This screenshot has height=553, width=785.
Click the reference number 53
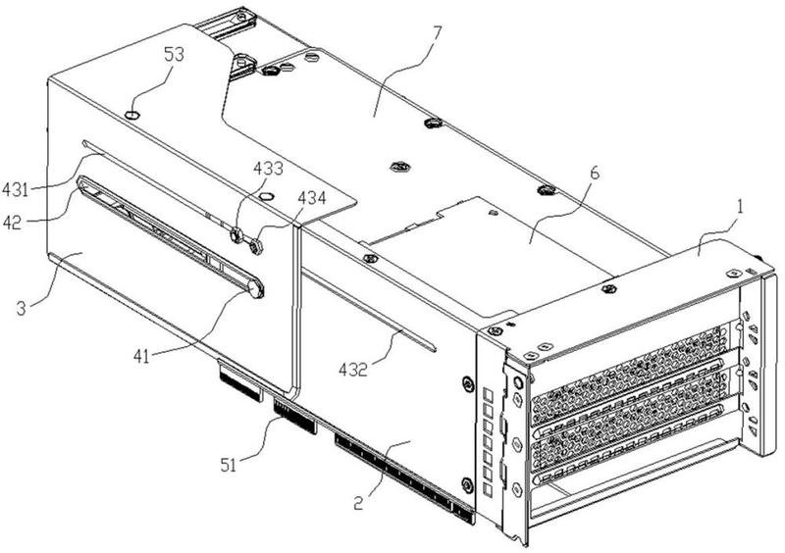click(x=174, y=55)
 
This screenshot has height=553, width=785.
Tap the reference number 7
click(x=437, y=33)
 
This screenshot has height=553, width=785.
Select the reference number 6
click(x=595, y=174)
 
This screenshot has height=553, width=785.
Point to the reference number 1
click(x=741, y=207)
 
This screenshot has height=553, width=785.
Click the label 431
click(x=15, y=189)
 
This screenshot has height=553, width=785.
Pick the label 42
click(x=13, y=223)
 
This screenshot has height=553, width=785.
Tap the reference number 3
click(x=21, y=308)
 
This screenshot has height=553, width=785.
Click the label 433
click(x=268, y=168)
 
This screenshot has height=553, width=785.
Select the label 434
click(x=312, y=198)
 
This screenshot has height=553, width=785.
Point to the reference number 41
click(x=141, y=356)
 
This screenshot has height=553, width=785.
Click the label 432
click(x=353, y=370)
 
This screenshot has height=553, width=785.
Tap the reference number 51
click(x=229, y=466)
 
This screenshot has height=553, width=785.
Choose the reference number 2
click(x=358, y=503)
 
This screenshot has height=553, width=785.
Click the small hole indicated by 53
click(x=132, y=116)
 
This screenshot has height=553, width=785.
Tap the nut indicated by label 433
click(x=236, y=234)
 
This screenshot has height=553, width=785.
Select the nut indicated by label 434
click(x=256, y=246)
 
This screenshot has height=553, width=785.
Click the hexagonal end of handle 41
click(x=256, y=288)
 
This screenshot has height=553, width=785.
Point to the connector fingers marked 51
click(x=295, y=416)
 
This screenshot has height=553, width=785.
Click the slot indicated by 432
click(x=369, y=309)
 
